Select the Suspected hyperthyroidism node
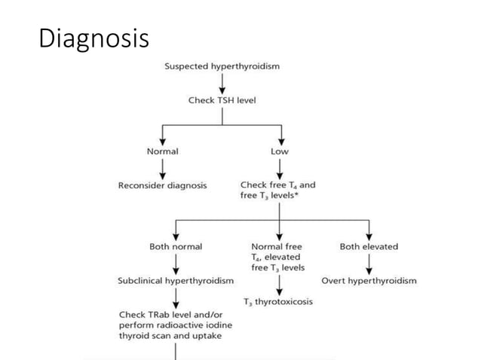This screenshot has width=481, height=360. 222,66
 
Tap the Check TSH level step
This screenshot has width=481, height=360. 222,99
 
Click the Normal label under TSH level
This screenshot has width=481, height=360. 163,151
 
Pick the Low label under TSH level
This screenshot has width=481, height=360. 280,151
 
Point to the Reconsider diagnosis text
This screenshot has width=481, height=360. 163,185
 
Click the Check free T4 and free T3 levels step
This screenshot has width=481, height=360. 277,190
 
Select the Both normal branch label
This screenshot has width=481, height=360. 176,246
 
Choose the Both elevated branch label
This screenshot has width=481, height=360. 369,246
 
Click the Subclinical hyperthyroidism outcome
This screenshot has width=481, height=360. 176,280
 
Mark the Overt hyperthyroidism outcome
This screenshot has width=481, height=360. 369,280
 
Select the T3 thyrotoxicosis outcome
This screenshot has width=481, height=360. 278,302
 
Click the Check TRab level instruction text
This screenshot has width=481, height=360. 170,325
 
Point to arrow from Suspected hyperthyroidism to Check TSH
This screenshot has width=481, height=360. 222,83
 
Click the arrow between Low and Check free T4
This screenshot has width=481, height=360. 280,169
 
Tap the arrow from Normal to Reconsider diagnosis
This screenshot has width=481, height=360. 163,169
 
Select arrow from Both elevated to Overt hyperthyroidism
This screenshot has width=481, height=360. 369,264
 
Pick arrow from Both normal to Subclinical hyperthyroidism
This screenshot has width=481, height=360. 176,264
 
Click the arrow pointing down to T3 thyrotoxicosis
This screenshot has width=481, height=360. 280,285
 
